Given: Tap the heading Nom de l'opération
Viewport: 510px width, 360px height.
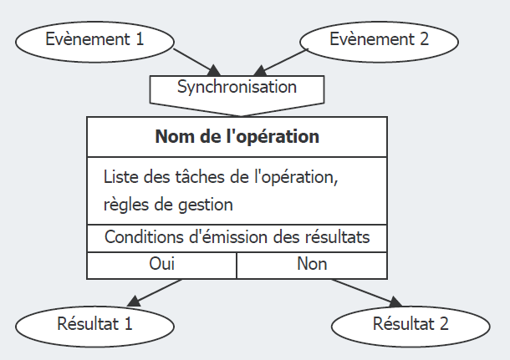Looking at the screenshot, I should (237, 136).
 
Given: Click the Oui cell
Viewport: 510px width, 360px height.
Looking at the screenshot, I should (162, 265).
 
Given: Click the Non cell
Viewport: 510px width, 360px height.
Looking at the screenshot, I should (312, 265).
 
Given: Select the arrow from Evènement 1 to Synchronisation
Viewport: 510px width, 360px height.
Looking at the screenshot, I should (199, 63).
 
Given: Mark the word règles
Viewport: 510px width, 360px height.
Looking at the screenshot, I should (125, 203).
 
